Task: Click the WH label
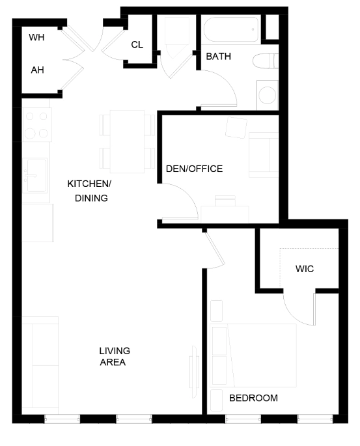click(37, 38)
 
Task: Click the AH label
click(37, 69)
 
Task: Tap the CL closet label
click(137, 44)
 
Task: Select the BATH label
click(219, 57)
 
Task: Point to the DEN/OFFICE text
click(194, 169)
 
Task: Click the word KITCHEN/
click(90, 184)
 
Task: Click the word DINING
click(91, 198)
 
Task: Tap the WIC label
click(305, 268)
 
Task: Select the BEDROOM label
click(253, 398)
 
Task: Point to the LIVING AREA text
click(114, 356)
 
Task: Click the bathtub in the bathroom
click(230, 30)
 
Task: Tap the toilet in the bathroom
click(267, 61)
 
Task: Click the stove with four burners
click(36, 125)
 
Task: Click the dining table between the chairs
click(127, 141)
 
